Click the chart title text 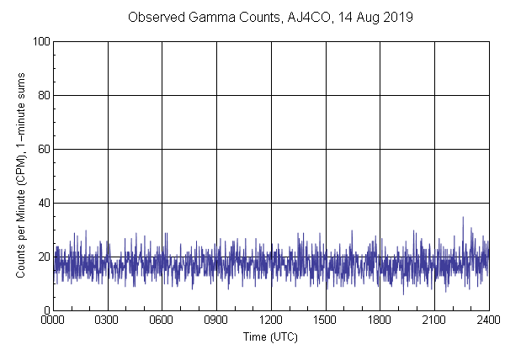pos(270,18)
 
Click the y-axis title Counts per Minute pos(19,176)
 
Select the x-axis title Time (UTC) pos(270,336)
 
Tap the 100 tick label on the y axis pos(40,41)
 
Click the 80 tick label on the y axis pos(42,95)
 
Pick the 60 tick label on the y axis pos(42,149)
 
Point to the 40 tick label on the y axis pos(42,203)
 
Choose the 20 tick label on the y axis pos(42,257)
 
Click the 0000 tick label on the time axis pos(53,320)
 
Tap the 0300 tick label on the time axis pos(108,320)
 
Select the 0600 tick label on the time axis pos(162,320)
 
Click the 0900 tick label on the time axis pos(216,320)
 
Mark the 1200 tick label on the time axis pos(271,320)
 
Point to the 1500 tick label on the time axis pos(325,320)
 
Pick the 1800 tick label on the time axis pos(380,320)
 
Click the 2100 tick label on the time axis pos(434,320)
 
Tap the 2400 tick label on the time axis pos(487,320)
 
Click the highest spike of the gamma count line pos(462,218)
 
